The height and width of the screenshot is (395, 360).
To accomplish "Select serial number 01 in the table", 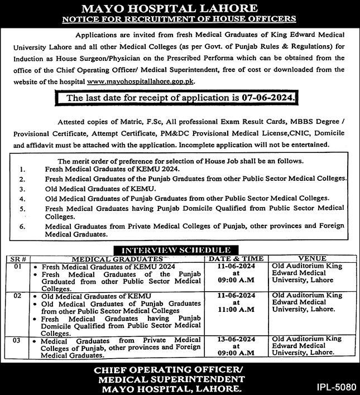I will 17,267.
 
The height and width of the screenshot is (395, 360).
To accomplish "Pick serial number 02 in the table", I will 17,295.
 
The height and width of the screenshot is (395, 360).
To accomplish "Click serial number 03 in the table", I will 17,339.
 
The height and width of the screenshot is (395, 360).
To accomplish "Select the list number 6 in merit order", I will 21,228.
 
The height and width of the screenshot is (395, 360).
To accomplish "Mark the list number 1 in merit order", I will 21,169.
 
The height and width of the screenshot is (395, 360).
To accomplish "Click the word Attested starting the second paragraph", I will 73,122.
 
